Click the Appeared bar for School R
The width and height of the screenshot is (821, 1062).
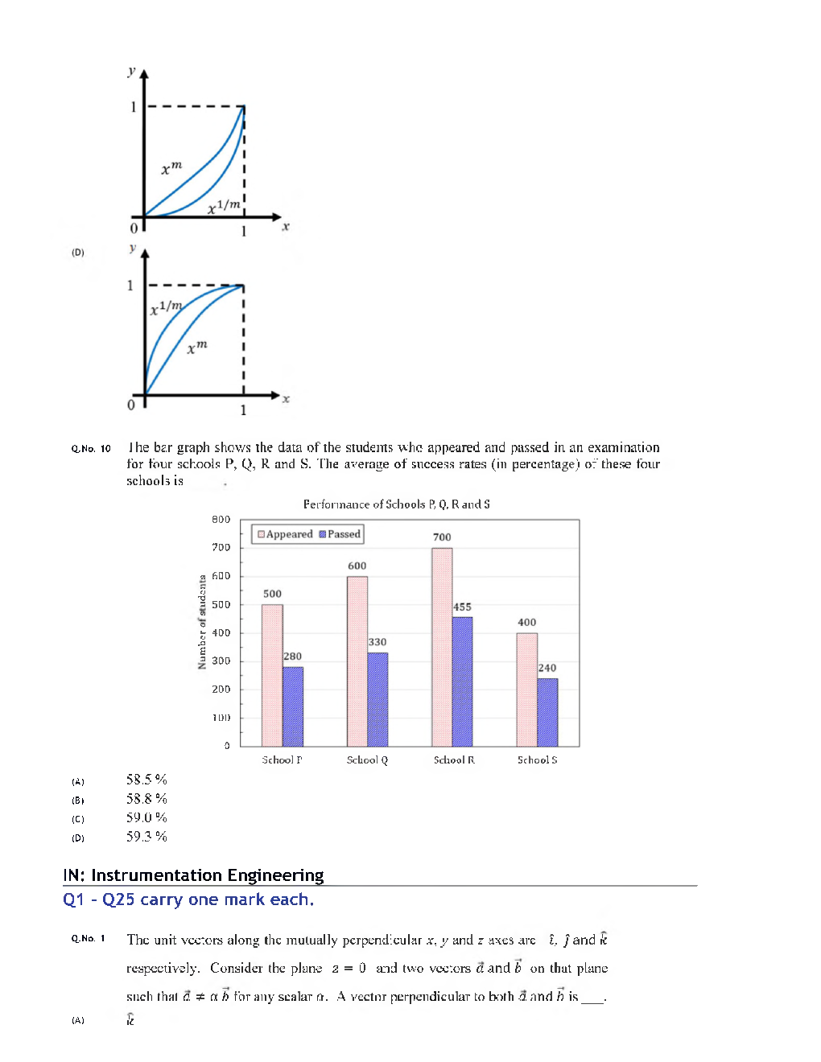442,647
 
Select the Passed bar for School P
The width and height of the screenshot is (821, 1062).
293,706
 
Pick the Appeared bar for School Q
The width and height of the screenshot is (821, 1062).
357,661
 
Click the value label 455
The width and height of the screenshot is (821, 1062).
462,607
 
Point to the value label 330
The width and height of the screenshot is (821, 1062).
377,642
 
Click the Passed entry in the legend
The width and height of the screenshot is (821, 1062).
340,534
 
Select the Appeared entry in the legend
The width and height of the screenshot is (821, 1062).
285,534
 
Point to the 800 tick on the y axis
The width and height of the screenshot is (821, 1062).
221,520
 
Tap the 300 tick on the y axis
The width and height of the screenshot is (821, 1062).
221,661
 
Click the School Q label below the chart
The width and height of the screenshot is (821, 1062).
367,759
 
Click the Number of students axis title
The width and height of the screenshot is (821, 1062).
202,622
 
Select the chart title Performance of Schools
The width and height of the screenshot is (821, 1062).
396,504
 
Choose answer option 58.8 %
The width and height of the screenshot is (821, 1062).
146,799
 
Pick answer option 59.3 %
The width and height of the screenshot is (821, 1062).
146,837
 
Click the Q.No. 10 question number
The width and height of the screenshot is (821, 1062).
91,449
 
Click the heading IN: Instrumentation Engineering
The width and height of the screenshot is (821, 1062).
193,875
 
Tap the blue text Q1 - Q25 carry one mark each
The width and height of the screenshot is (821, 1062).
188,899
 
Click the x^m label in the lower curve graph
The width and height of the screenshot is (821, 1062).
197,348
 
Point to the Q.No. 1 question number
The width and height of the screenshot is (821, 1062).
89,939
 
